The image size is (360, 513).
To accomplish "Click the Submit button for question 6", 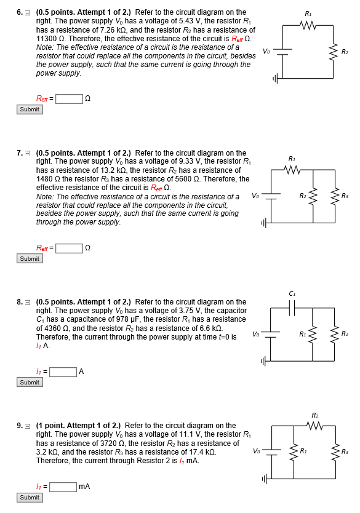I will (30, 109).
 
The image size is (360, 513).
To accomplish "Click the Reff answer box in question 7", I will (69, 248).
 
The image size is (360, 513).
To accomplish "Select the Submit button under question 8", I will (30, 382).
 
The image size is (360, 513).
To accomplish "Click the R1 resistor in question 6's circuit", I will (307, 25).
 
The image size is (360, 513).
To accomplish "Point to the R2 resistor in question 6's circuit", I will (333, 52).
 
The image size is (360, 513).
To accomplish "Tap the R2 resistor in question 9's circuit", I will (315, 426).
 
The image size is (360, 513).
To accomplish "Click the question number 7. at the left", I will (20, 153).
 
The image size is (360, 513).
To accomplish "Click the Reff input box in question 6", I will (69, 98).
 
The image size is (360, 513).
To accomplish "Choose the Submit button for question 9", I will (30, 497).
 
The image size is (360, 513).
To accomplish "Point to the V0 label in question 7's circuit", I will (255, 196).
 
